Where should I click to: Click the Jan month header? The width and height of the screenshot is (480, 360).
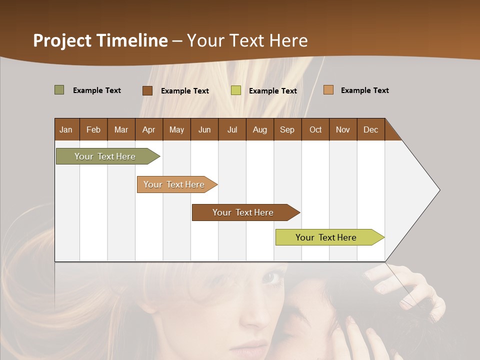click(66, 129)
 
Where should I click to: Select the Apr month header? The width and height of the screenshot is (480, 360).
click(148, 129)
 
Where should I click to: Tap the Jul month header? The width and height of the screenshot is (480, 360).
click(232, 129)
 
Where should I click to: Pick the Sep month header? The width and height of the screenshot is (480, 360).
click(287, 129)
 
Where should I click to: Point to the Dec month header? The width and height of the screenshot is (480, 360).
click(370, 129)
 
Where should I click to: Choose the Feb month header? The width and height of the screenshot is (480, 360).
click(93, 129)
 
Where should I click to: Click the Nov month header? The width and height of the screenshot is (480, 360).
click(342, 129)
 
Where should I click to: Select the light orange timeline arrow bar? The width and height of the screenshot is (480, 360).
click(175, 184)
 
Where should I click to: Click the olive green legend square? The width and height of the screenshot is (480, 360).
click(59, 90)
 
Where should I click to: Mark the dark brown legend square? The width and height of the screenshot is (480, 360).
click(147, 90)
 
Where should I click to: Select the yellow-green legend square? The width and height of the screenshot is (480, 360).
click(235, 90)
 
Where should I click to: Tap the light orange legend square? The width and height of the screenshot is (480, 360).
click(328, 90)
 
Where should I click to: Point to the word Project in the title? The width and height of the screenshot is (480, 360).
click(62, 40)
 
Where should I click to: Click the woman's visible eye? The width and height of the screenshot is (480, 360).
click(272, 278)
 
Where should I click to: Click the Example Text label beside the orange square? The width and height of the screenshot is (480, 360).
click(364, 90)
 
